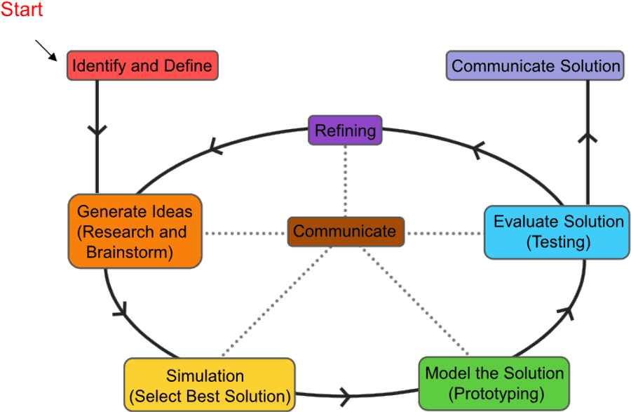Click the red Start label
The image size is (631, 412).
[x=22, y=10]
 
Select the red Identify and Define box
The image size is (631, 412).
[x=142, y=67]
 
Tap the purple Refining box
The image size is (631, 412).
[x=345, y=131]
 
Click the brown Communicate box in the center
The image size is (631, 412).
[x=345, y=232]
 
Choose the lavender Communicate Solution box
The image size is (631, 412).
[x=536, y=66]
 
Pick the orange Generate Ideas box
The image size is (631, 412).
[x=135, y=232]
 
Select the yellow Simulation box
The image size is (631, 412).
[x=209, y=385]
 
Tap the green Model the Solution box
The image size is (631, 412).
[x=494, y=383]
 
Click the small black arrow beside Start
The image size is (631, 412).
[x=46, y=51]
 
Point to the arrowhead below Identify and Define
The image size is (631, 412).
[x=97, y=130]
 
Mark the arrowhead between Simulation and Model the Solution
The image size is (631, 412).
[x=346, y=393]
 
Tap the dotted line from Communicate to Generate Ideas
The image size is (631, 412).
[x=245, y=232]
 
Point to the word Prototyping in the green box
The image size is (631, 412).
[x=495, y=393]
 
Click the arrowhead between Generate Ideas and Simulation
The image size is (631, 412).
[x=121, y=309]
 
